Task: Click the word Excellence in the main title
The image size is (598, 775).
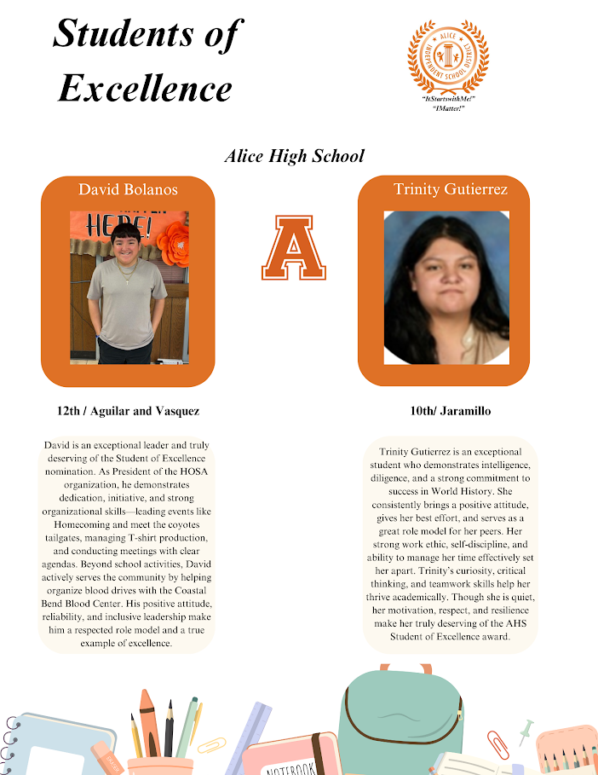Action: tap(145, 87)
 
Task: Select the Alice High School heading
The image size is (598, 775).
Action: tap(294, 156)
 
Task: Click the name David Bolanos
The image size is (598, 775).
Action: tap(128, 188)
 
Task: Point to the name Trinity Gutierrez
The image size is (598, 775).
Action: tap(443, 188)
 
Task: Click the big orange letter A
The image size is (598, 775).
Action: tap(293, 248)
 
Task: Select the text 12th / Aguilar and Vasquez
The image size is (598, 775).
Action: tap(128, 411)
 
